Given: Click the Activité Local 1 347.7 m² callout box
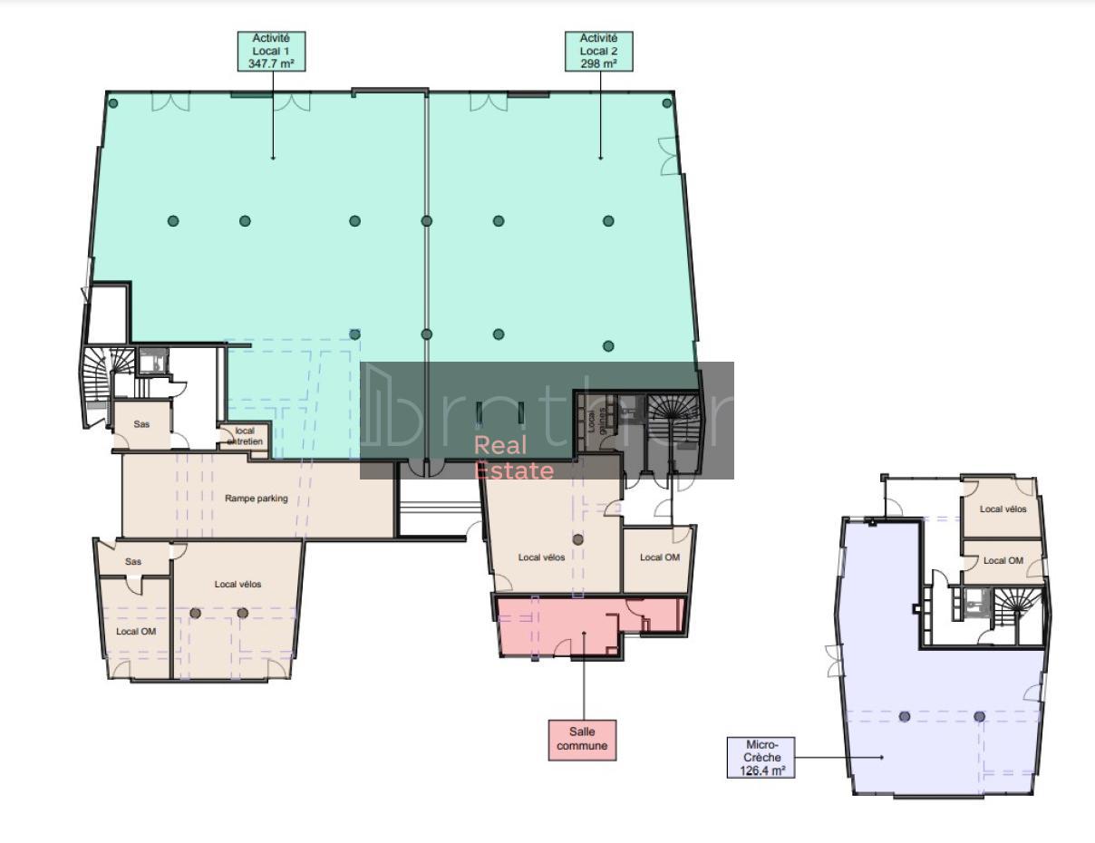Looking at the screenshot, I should [272, 52].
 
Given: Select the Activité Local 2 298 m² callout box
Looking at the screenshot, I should [598, 52].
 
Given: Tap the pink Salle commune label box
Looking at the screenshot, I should [582, 740].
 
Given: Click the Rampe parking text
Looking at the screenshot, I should [257, 499].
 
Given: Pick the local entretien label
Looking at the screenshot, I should [244, 436].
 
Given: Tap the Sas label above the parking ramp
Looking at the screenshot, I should [141, 424].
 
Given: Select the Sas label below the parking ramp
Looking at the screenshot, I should [133, 562].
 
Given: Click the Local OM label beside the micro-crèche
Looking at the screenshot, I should [1003, 561].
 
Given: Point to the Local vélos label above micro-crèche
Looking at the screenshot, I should [1003, 509].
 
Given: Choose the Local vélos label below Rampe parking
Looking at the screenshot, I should [237, 585].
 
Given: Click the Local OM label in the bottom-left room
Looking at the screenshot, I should [135, 632].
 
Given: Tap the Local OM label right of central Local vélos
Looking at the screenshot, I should [659, 557].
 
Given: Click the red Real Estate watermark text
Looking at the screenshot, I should [514, 458].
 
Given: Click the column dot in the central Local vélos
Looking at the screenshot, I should [577, 539].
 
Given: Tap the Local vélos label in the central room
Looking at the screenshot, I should [541, 557].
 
